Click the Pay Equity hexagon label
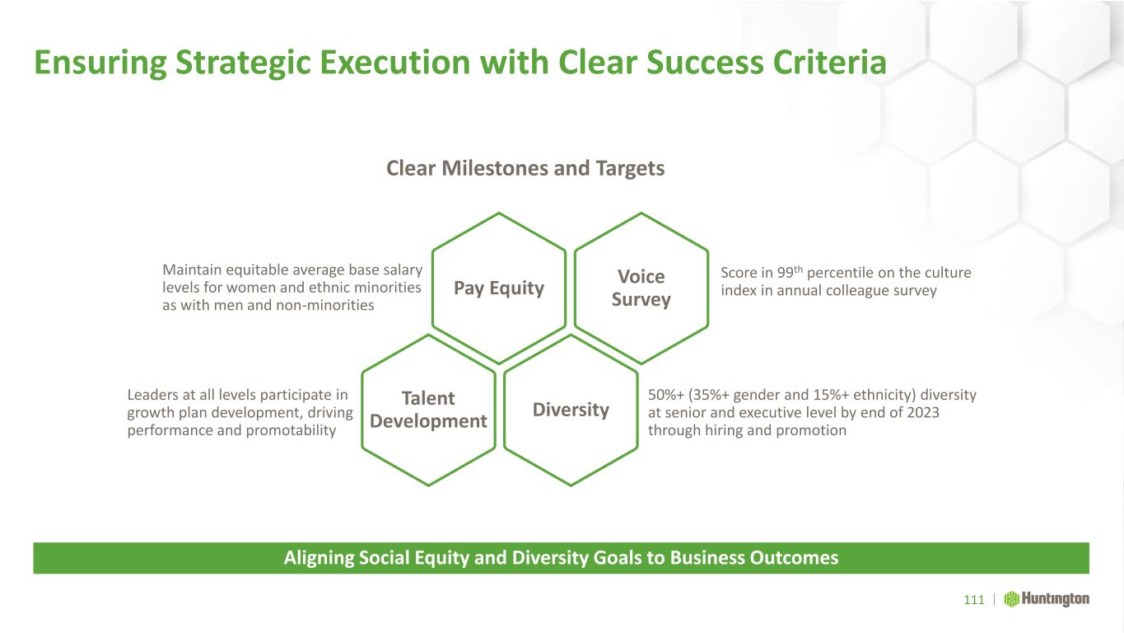point(499,288)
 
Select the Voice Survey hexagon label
point(641,288)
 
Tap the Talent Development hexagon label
point(428,410)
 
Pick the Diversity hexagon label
point(571,410)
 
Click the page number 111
point(974,600)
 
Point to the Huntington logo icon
point(1011,599)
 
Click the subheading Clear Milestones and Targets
point(525,169)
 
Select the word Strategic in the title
point(244,63)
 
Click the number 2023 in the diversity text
point(923,412)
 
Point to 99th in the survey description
point(790,272)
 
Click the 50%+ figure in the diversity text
point(666,395)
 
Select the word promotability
point(291,430)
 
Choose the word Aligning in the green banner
point(319,559)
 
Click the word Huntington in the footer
point(1056,599)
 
